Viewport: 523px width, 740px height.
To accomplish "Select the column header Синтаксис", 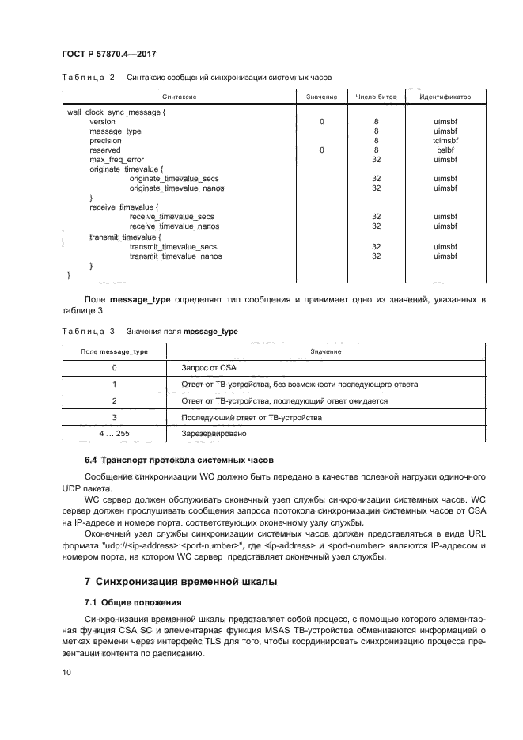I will click(x=180, y=96).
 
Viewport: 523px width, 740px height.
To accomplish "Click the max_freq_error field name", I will click(x=116, y=159).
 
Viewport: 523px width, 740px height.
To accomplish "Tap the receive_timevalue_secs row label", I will click(x=172, y=216).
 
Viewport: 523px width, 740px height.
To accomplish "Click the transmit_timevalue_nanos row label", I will click(x=176, y=256).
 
